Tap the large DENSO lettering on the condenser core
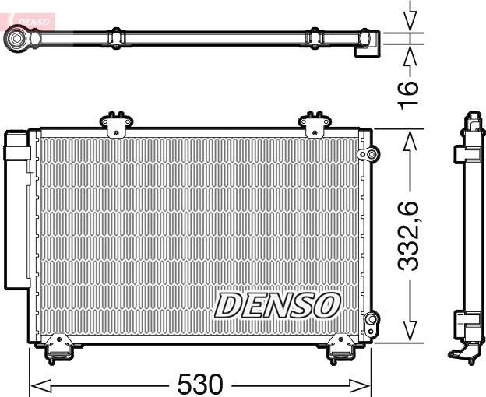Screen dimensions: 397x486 (x=276, y=305)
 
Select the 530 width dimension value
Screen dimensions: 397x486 (x=200, y=384)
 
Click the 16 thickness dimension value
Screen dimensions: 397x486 (x=410, y=93)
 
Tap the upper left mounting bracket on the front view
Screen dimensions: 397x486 (x=117, y=123)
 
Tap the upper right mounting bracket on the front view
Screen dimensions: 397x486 (x=315, y=123)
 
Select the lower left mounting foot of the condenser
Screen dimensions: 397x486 (x=57, y=350)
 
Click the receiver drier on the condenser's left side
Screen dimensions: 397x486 (x=16, y=210)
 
